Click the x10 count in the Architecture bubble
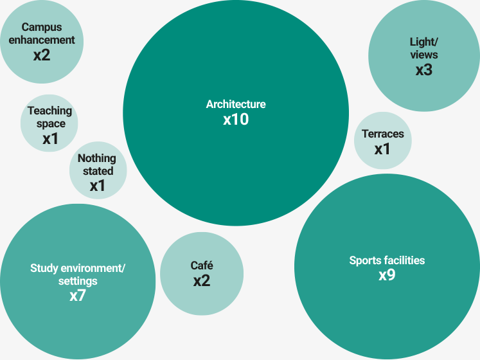[236, 120]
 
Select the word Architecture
[236, 104]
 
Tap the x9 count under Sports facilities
[387, 276]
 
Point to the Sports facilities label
[387, 260]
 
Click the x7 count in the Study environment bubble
[77, 296]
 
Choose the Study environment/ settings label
[77, 274]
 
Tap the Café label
[202, 265]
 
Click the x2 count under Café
[202, 281]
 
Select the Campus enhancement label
[42, 33]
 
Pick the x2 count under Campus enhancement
[42, 55]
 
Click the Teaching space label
[49, 117]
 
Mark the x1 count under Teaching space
[50, 138]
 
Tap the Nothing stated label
[97, 165]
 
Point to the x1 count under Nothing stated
[97, 186]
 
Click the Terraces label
[383, 134]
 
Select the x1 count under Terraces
[383, 149]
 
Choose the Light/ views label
[424, 48]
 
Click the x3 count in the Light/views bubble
[424, 70]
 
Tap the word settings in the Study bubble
[78, 281]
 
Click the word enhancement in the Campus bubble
[42, 40]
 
